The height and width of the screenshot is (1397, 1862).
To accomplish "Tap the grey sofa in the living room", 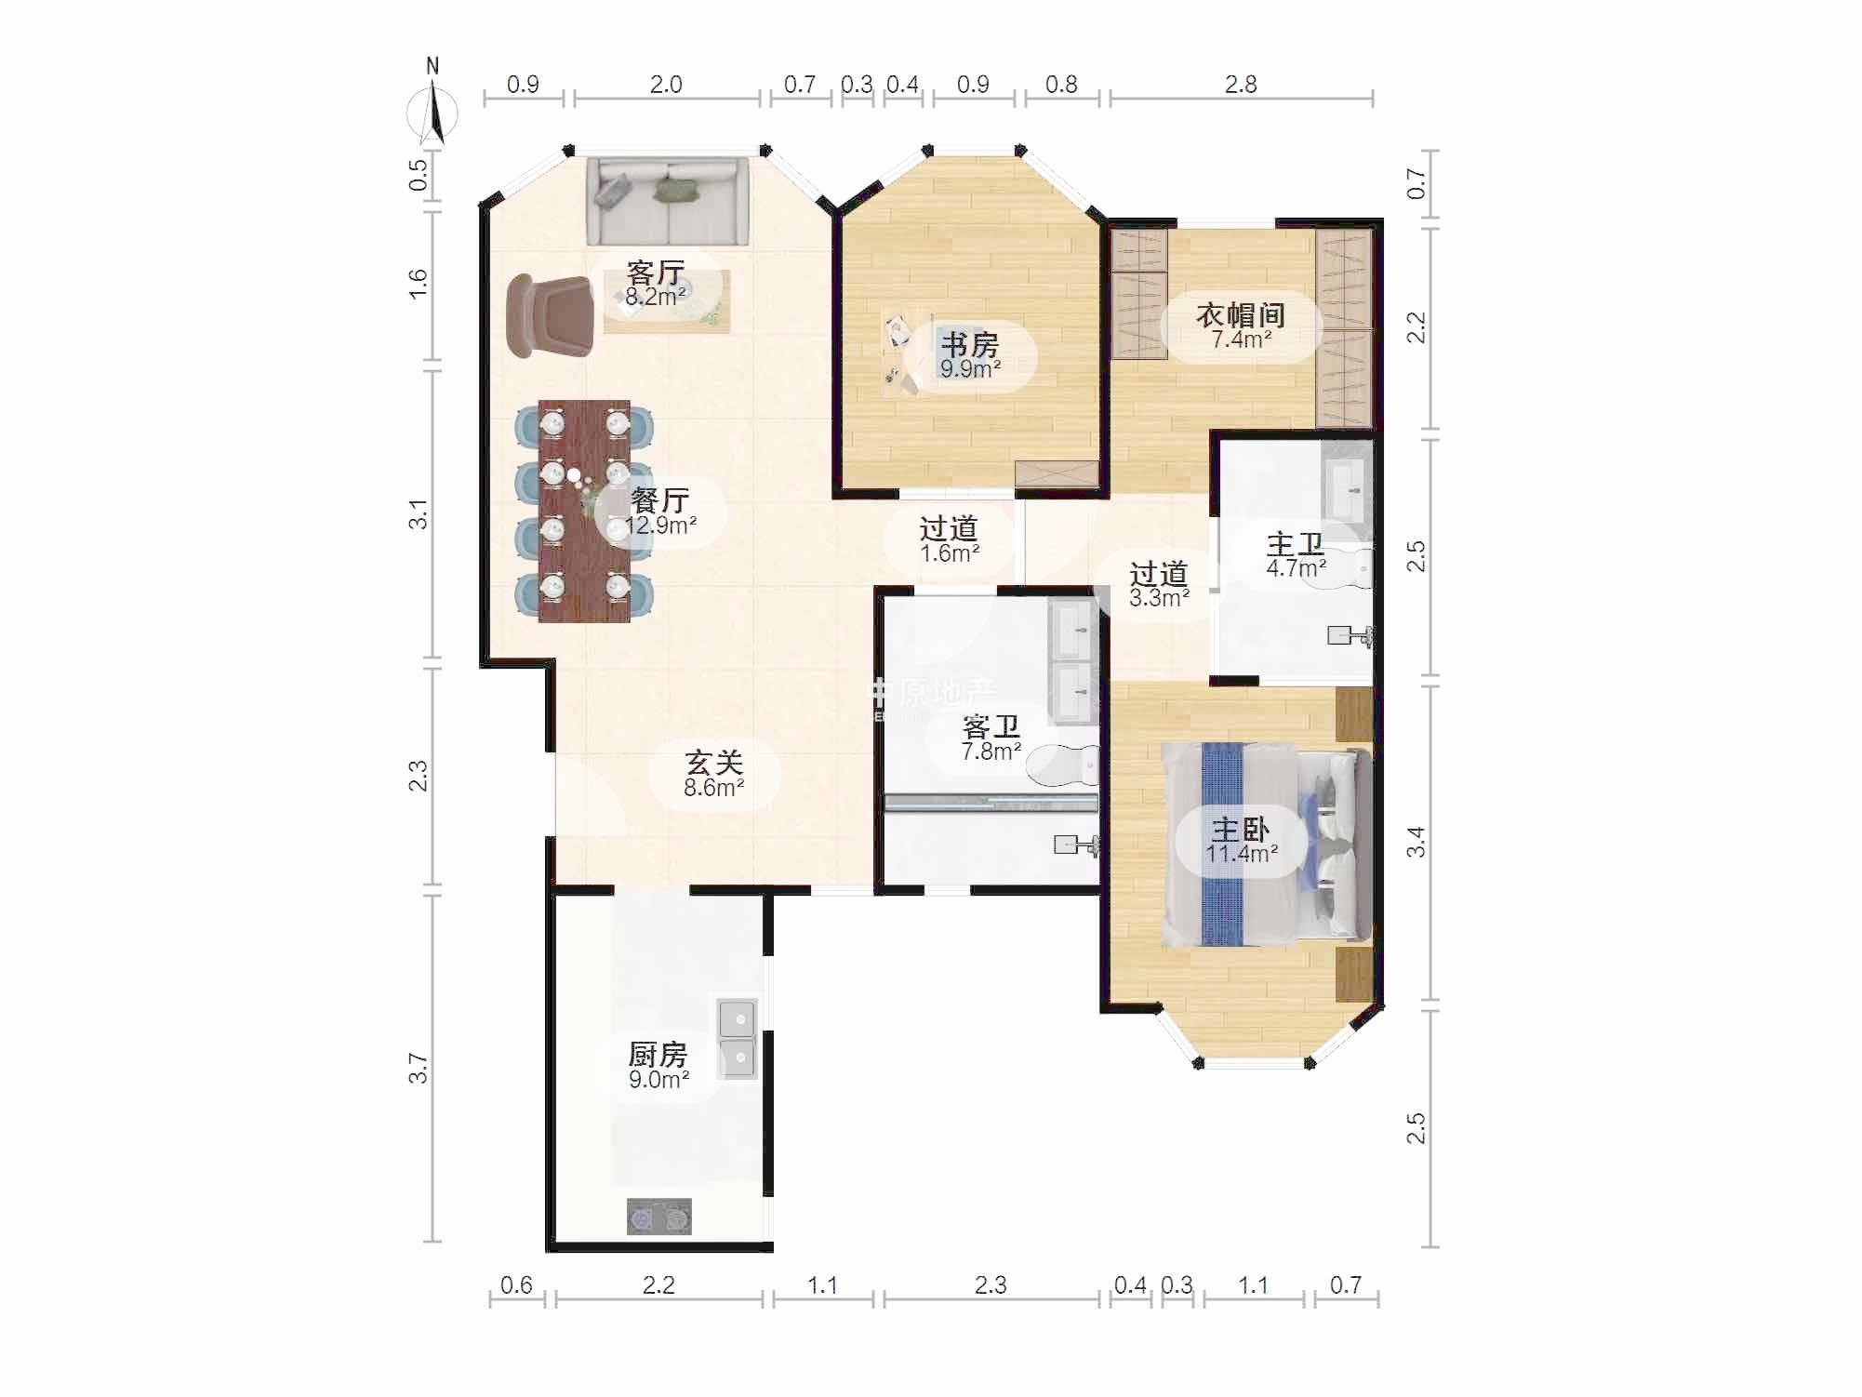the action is [668, 201].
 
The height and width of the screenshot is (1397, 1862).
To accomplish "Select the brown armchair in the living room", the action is [550, 315].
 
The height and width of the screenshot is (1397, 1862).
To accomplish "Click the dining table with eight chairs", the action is [584, 511].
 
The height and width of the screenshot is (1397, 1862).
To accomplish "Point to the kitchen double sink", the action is [738, 1037].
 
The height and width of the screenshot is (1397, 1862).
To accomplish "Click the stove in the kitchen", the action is [658, 1217].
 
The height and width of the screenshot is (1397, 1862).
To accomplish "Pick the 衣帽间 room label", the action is [1241, 314].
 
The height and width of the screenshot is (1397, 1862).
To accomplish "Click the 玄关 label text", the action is [714, 763].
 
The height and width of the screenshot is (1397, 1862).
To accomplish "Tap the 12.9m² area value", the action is [661, 526].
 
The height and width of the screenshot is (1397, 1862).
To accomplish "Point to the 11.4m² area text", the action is [1242, 854].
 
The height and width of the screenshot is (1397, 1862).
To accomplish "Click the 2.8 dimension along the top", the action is [1241, 85].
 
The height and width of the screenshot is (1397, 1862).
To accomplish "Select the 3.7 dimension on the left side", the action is [419, 1068].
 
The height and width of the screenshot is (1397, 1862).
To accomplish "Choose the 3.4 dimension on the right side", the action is [1415, 843].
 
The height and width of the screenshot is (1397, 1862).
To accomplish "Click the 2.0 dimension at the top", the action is [666, 85].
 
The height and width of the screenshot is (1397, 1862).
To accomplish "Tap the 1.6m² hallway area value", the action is [950, 554].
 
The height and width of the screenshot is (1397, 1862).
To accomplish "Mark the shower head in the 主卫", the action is [1350, 636].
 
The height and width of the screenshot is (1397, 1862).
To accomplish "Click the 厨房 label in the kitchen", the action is [658, 1054].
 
